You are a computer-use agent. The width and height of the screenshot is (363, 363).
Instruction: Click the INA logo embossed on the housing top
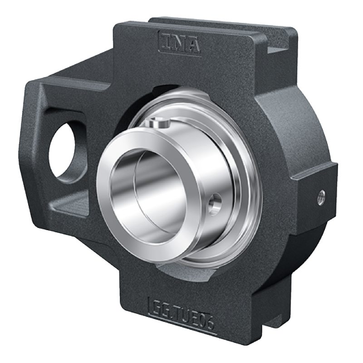180,43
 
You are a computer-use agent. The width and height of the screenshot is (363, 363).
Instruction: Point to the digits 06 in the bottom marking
206,312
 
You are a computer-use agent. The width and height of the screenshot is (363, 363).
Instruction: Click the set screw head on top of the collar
160,123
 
